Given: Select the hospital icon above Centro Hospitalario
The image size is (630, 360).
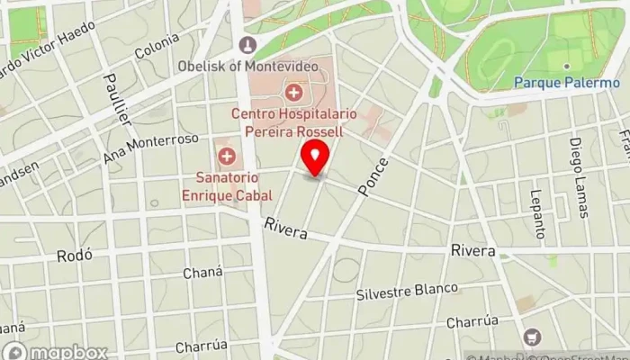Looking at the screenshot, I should (x=292, y=92).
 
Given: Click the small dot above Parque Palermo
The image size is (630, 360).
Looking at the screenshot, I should (x=566, y=66).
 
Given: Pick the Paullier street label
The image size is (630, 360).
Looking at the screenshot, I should (x=118, y=98).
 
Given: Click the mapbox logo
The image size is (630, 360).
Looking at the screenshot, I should (x=55, y=351).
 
